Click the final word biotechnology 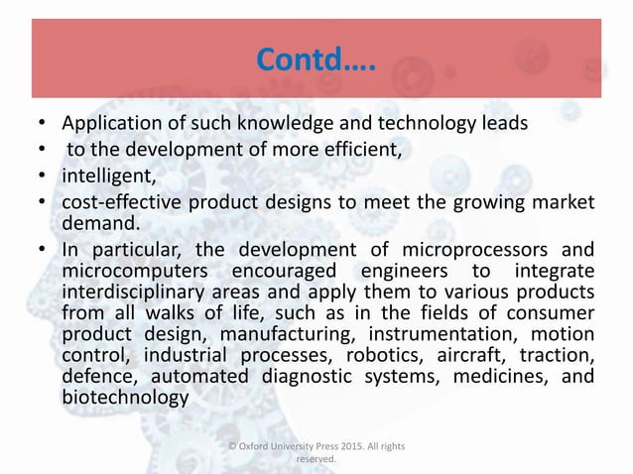pyautogui.click(x=125, y=398)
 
